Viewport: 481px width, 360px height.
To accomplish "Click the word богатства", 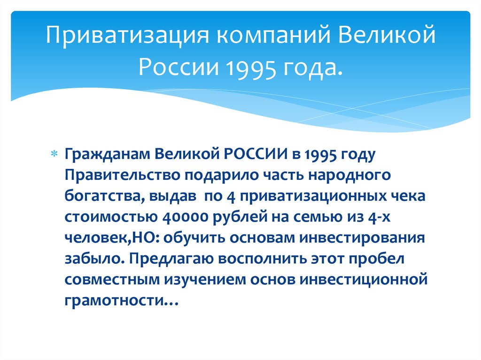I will point(105,196).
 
